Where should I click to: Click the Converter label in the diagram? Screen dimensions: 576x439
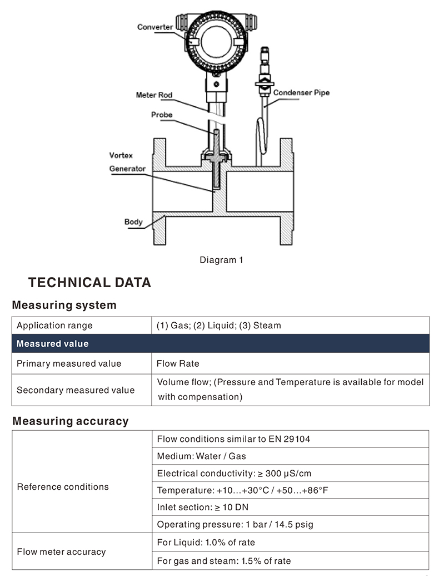pos(154,27)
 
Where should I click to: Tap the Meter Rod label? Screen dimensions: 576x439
pos(154,95)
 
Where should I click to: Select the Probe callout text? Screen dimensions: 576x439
pos(162,115)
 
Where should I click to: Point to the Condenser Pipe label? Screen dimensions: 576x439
pos(301,92)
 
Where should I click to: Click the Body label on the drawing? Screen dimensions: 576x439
pos(133,221)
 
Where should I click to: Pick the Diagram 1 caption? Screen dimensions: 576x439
pos(221,260)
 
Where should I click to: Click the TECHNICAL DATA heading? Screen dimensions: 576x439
pos(89,282)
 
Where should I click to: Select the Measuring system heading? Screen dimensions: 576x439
pos(64,305)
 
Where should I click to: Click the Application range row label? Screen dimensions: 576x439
pos(54,326)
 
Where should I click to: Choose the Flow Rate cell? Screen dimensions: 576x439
pos(178,364)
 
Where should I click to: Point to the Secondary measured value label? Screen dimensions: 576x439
pos(76,390)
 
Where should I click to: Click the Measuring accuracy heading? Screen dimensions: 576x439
pos(70,421)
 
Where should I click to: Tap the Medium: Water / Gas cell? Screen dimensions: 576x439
pos(201,456)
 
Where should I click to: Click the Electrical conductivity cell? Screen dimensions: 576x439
pos(234,474)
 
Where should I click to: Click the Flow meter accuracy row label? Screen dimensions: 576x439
pos(61,552)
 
